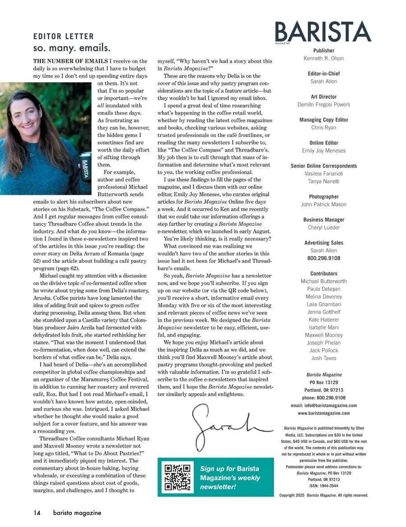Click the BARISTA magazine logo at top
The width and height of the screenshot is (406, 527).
coord(323,32)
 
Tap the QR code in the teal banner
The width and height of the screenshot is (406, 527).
coord(178,477)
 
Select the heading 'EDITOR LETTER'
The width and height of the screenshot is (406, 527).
coord(64,37)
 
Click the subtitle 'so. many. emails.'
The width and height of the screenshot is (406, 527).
coord(72,48)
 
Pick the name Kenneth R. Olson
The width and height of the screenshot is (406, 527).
coord(323,59)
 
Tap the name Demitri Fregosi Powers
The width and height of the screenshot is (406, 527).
coord(323,105)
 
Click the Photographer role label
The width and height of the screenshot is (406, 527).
coord(323,197)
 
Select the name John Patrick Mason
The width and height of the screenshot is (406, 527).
coord(323,205)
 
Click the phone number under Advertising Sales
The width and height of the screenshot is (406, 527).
coord(323,258)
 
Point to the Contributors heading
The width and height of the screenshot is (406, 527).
coord(323,274)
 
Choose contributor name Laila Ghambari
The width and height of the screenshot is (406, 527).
coord(323,304)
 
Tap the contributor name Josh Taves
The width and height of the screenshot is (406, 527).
coord(323,358)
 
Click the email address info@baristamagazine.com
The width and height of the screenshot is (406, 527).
coord(323,406)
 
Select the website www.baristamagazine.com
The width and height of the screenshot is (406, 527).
coord(323,413)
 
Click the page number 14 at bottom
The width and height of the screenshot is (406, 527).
coord(37,513)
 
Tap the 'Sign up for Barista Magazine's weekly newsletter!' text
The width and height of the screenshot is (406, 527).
coord(230,478)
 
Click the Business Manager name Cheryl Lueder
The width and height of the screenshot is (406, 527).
coord(323,228)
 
